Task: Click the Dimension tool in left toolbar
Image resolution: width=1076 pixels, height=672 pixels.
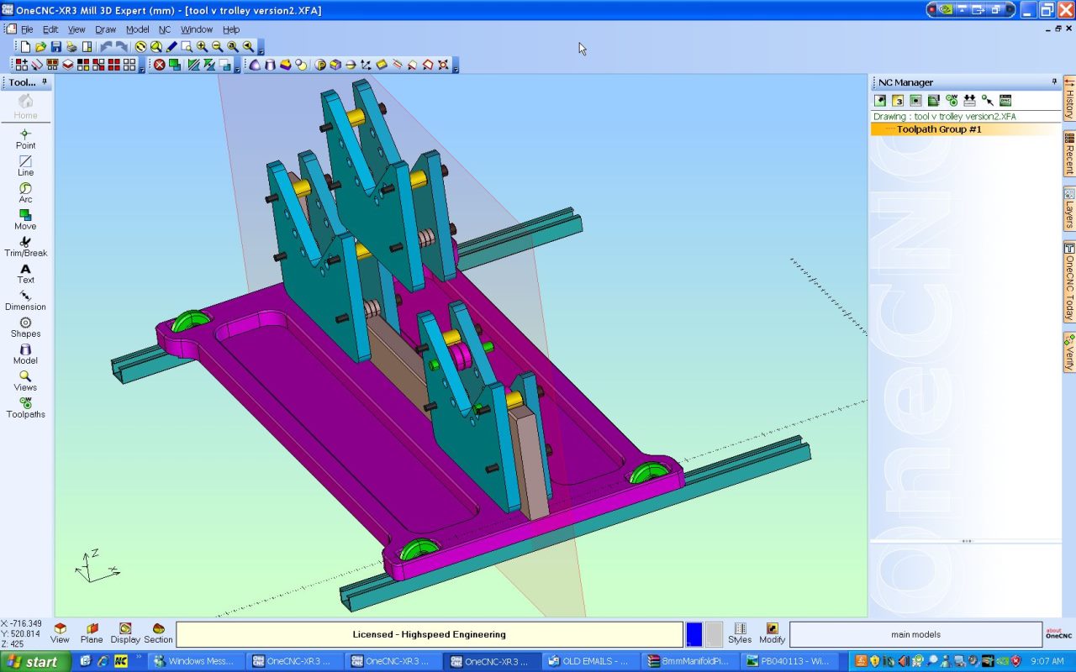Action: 25,301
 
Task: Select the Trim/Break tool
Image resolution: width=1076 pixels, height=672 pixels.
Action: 25,247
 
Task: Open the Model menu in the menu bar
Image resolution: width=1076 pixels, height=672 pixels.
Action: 137,29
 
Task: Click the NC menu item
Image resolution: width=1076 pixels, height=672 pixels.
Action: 165,29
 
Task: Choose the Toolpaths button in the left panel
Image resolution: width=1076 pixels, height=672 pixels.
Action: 25,408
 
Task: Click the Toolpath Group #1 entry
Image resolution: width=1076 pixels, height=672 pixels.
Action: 938,129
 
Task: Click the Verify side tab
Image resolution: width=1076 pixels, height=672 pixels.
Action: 1069,353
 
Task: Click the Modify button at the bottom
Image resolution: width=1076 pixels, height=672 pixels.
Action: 772,633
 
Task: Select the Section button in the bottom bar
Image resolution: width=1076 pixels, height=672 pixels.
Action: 158,633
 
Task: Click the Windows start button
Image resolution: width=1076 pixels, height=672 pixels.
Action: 33,662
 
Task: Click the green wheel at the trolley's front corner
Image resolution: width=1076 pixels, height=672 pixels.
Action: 419,551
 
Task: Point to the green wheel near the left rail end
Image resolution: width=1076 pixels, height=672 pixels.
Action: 192,323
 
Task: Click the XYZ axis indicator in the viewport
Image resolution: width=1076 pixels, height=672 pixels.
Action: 95,566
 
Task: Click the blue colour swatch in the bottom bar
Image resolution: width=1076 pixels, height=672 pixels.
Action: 694,634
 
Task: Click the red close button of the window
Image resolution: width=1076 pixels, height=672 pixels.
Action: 1065,10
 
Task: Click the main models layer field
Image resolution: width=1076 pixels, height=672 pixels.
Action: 915,634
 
